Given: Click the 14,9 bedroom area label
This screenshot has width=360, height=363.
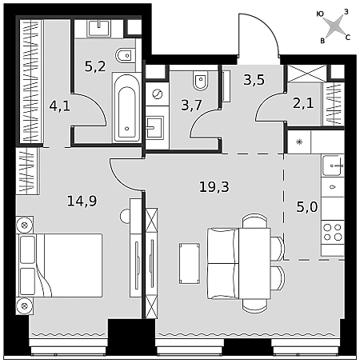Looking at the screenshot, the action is tap(82, 201).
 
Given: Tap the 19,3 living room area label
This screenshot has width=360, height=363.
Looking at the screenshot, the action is tap(214, 187).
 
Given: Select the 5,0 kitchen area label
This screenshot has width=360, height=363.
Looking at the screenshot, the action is tap(307, 207).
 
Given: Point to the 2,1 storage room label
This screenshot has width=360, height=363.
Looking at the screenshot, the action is tap(303, 103).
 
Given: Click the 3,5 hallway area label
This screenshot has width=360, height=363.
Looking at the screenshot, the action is tap(254, 80).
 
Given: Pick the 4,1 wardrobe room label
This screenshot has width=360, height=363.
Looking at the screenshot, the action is tap(60, 106).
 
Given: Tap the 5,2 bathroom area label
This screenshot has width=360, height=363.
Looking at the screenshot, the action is tap(95, 66).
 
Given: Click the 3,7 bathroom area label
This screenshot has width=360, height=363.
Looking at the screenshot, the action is tap(191, 105).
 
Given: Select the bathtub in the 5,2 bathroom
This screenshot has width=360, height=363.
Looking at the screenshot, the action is tap(127, 107).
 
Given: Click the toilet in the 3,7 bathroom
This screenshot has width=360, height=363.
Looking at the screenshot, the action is tap(201, 81).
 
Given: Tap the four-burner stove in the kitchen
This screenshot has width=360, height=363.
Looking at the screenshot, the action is tap(333, 232).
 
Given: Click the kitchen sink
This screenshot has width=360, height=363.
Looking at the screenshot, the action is tap(333, 166).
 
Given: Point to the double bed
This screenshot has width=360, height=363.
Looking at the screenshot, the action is tap(59, 265).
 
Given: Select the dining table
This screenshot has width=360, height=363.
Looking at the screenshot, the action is tap(254, 263).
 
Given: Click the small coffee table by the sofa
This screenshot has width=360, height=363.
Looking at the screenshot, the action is tap(190, 263).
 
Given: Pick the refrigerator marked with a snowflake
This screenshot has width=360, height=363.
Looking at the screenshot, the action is tap(299, 142).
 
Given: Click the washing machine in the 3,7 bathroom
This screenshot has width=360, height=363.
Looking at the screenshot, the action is tap(157, 94).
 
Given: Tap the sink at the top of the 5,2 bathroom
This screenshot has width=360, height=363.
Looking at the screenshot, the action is tap(98, 28).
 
